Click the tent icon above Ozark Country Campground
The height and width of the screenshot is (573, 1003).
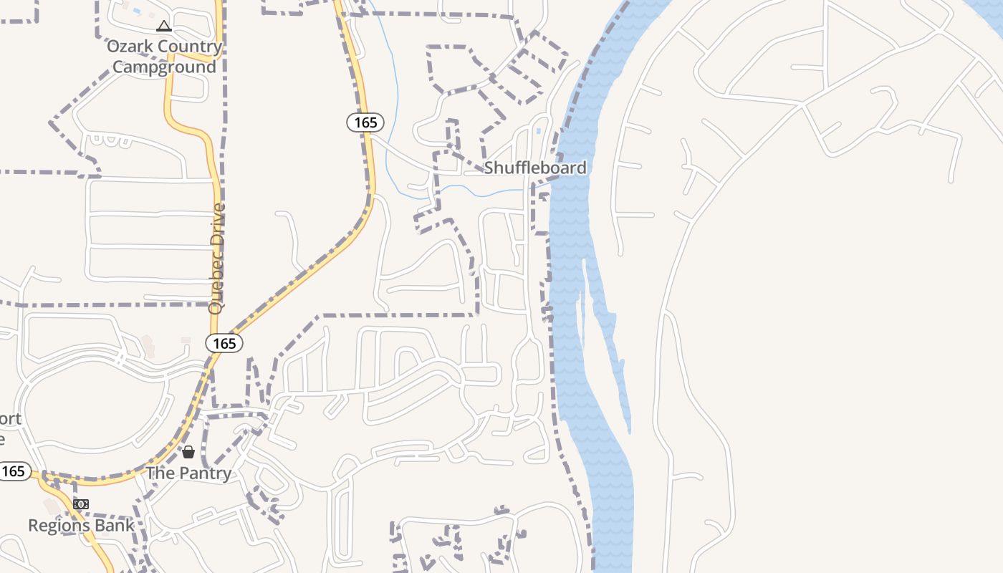click(x=164, y=27)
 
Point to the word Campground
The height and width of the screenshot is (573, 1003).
click(x=164, y=67)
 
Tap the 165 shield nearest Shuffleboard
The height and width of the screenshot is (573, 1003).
click(x=365, y=122)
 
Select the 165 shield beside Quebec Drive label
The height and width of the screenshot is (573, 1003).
click(x=224, y=344)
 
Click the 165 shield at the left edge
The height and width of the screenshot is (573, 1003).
click(x=14, y=471)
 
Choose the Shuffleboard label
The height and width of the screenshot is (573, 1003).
click(x=535, y=168)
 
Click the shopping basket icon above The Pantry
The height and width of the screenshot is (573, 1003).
click(x=188, y=452)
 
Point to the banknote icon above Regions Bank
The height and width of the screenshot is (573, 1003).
click(x=81, y=504)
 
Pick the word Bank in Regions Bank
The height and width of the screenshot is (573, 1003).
click(x=116, y=525)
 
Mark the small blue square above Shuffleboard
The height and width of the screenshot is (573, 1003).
click(x=539, y=131)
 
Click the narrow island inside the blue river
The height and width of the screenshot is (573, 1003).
click(x=585, y=301)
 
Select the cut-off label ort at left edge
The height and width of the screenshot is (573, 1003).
click(x=11, y=419)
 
